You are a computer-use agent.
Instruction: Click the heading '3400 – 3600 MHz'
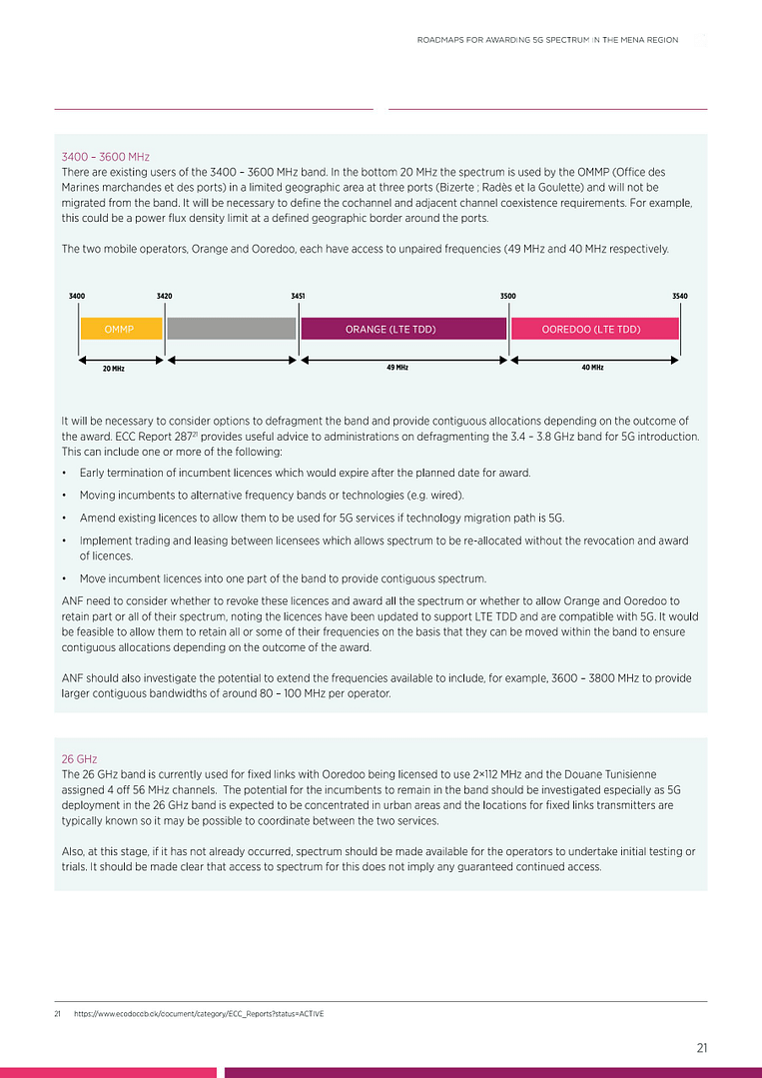click(x=105, y=157)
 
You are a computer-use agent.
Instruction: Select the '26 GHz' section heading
click(x=79, y=759)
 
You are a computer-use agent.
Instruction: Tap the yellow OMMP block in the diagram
click(x=120, y=329)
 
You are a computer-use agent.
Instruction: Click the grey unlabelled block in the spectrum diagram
click(x=232, y=329)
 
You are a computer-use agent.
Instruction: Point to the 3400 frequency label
click(x=77, y=297)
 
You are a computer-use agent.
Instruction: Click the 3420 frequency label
click(x=165, y=297)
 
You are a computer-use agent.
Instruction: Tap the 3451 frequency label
click(x=298, y=297)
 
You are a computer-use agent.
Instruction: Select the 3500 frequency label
click(x=507, y=297)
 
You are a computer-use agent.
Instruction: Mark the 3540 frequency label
click(x=679, y=297)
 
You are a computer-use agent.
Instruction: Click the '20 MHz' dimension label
click(x=113, y=369)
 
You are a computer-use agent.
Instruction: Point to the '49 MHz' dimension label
click(x=396, y=368)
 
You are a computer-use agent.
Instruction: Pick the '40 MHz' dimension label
click(x=591, y=368)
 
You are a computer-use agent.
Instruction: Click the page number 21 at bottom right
click(x=702, y=1048)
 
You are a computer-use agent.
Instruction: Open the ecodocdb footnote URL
click(x=198, y=1014)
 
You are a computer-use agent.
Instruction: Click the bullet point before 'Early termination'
click(x=64, y=473)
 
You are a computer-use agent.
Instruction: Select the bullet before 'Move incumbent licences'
click(x=64, y=579)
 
